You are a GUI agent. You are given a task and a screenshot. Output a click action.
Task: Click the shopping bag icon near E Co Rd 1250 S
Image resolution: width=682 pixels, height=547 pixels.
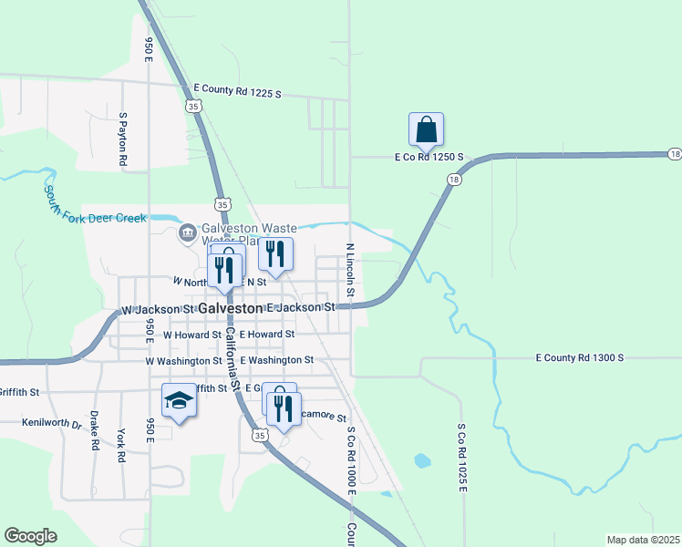426,131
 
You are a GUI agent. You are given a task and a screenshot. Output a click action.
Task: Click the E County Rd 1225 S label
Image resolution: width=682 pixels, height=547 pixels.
237,93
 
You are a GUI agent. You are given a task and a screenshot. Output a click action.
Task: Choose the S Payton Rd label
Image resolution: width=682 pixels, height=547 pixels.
122,139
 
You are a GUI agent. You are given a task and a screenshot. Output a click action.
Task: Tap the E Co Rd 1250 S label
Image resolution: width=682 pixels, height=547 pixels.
429,157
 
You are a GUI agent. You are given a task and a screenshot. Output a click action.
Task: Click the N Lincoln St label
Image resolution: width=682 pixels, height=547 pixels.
349,271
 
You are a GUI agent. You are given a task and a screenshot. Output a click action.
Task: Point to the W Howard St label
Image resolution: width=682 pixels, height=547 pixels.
191,335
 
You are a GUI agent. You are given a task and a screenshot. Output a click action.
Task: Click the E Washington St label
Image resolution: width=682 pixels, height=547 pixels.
277,360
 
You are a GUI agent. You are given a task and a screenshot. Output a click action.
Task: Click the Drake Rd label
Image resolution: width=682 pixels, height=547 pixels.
95,432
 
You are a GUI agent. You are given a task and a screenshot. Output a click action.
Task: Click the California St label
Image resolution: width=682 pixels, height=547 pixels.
233,360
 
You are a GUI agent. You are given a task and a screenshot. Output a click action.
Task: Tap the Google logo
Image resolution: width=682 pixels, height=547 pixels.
30,536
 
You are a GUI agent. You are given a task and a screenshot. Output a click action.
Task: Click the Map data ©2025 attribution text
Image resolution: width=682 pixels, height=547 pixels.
644,540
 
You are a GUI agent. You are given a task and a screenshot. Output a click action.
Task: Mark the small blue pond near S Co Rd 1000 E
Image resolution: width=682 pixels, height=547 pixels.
421,460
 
